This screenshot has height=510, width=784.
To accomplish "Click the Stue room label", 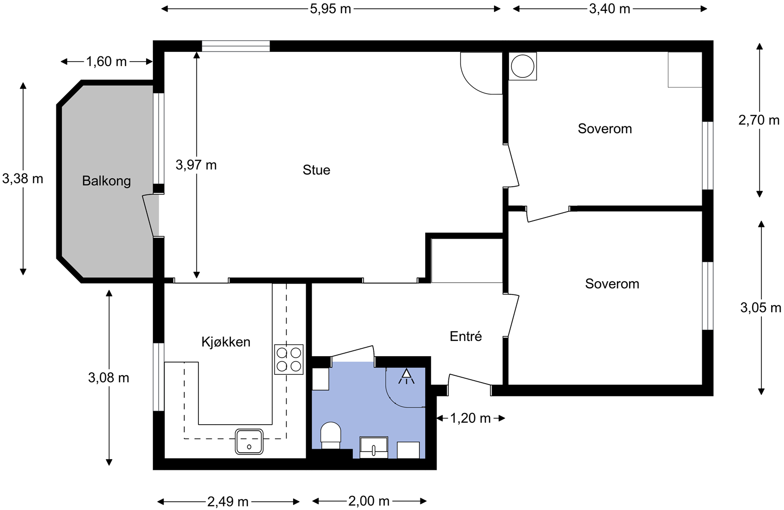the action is (x=317, y=170).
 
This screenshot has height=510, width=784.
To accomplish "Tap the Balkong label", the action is (x=106, y=181).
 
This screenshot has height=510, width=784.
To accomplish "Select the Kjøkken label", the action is (x=226, y=342).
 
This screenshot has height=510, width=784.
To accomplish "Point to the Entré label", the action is (x=465, y=337).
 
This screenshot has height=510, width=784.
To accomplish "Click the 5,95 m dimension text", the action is (x=330, y=9).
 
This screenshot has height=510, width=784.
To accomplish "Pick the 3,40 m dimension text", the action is (x=610, y=9).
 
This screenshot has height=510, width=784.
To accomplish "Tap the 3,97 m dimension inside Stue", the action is (x=196, y=165).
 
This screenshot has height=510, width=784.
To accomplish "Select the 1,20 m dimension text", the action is (x=470, y=418).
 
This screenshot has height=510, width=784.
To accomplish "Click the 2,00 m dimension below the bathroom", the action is (x=369, y=501).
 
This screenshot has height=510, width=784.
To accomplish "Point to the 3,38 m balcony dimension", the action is (x=23, y=179).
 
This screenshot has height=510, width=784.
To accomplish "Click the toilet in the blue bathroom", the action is (x=331, y=436).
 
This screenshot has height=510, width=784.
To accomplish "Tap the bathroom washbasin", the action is (x=374, y=447).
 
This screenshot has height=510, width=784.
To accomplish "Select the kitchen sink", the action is (x=249, y=441).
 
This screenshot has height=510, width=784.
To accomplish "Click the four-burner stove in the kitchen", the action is (x=289, y=360).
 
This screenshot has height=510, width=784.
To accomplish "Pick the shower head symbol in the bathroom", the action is (x=406, y=376).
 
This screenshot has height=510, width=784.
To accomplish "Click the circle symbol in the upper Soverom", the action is (x=522, y=66).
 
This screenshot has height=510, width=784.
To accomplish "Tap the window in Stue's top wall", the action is (x=236, y=46).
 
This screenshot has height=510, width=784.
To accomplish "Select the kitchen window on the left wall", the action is (x=159, y=377).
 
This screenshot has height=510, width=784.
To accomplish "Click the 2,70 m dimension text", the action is (x=759, y=121).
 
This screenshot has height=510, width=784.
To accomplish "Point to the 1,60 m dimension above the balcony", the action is (x=106, y=62).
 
